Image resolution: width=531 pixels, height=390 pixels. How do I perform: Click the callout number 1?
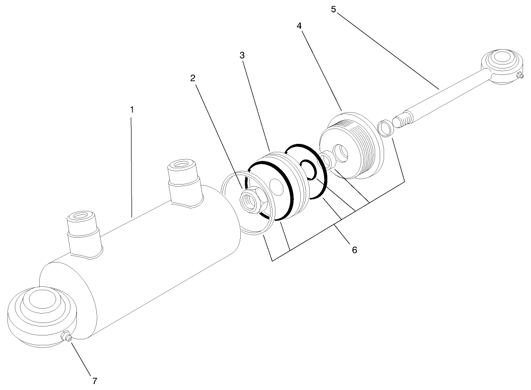[132, 109]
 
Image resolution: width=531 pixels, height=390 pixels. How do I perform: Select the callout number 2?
[193, 78]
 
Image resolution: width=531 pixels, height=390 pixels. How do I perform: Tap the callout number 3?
[242, 56]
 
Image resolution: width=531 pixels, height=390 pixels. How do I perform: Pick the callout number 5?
[333, 9]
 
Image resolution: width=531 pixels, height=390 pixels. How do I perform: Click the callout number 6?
[354, 250]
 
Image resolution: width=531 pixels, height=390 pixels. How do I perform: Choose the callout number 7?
[95, 381]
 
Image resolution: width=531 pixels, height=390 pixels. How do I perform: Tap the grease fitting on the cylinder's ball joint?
[66, 337]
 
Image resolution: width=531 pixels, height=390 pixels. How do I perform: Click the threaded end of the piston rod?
[402, 121]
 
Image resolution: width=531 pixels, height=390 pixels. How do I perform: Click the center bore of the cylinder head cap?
[341, 152]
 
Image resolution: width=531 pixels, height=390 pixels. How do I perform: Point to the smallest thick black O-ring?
[308, 170]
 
